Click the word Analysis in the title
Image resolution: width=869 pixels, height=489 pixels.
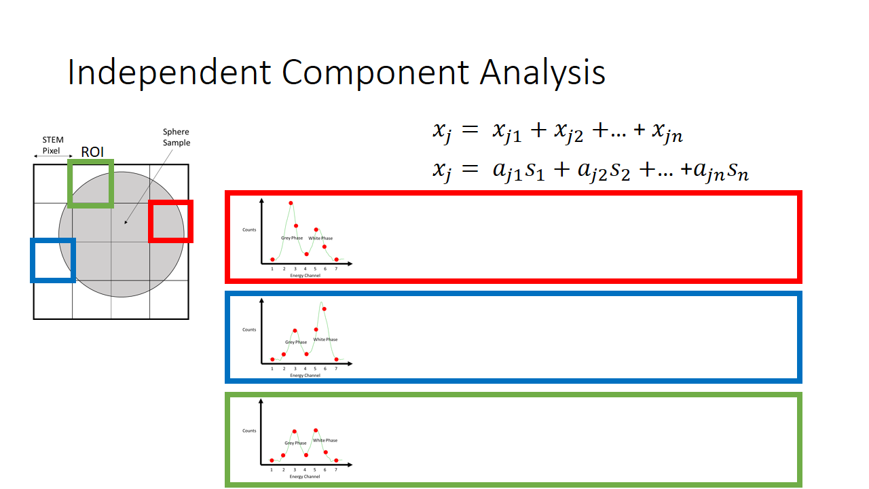coord(542,73)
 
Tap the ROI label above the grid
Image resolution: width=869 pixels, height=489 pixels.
coord(92,151)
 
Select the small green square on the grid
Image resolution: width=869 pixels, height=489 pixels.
coord(90,183)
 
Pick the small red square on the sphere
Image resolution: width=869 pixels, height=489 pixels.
coord(171,221)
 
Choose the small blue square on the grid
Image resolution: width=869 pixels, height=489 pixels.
coord(52,260)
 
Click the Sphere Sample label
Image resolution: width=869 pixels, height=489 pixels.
coord(176,137)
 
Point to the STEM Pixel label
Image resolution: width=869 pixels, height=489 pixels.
coord(52,145)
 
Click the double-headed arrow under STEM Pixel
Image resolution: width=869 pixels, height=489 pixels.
coord(53,157)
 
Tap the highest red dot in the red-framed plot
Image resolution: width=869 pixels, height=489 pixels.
coord(291,202)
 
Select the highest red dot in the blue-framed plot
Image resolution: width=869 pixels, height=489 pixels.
coord(325,309)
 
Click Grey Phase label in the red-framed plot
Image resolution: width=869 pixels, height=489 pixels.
coord(292,238)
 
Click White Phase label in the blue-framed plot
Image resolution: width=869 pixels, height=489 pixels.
coord(325,340)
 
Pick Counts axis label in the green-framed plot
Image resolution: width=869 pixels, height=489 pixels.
coord(249,431)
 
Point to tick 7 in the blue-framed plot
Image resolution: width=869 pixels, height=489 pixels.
coord(336,369)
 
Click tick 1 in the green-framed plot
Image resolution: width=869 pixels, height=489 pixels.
coord(272,469)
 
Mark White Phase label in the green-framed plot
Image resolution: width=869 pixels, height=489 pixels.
coord(325,440)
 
